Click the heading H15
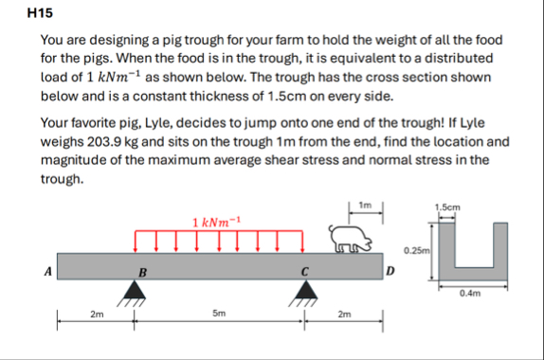pos(40,13)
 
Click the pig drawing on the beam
pos(351,239)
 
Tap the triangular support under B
pos(135,290)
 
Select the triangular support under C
pos(306,290)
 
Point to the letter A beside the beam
pos(48,271)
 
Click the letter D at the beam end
pos(390,271)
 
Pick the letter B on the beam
pos(142,273)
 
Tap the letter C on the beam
pos(304,272)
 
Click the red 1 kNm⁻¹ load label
pos(216,222)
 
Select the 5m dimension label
pos(219,314)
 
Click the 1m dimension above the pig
pos(365,205)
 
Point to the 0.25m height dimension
pos(417,250)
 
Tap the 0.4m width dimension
pos(470,294)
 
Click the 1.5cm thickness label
pos(447,207)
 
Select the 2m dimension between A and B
pos(97,315)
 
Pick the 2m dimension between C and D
pos(345,315)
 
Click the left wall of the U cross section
pos(446,251)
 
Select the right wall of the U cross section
pos(500,251)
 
